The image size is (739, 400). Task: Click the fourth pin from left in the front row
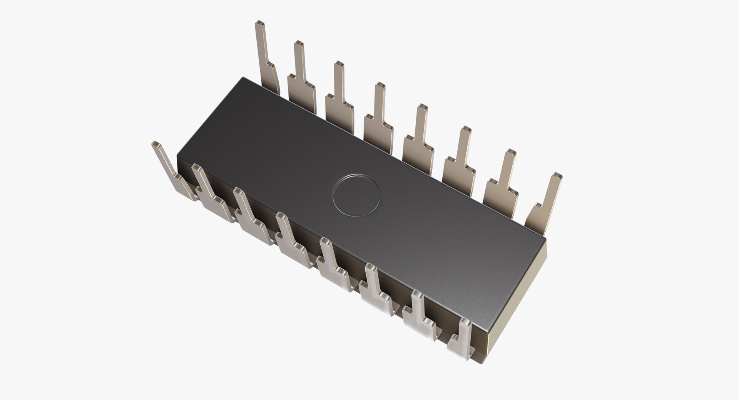coord(293,243)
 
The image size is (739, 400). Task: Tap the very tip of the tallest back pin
coord(261,24)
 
